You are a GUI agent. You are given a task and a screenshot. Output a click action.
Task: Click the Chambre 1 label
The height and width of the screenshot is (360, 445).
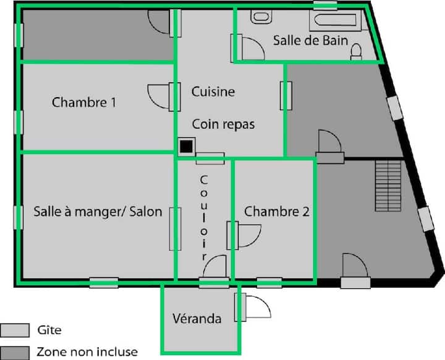click(84, 102)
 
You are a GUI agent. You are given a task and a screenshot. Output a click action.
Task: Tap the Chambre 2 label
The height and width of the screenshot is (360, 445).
click(277, 212)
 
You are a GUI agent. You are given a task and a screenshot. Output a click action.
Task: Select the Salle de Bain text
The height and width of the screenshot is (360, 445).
click(310, 40)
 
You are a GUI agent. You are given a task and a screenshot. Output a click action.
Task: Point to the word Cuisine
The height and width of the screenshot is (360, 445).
click(213, 92)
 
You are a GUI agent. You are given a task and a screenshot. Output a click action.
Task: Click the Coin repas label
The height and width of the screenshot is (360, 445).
click(223, 124)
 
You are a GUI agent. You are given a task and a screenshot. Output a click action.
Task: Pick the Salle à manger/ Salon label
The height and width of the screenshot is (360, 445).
click(98, 212)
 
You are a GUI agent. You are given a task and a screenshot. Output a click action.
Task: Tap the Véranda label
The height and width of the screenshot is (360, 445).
click(197, 319)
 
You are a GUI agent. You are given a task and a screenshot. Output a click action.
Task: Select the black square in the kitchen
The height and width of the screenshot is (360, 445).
click(187, 147)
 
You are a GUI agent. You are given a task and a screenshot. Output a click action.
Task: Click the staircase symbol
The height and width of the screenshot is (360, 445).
click(388, 186)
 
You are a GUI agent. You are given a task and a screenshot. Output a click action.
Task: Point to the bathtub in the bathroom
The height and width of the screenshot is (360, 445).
click(335, 20)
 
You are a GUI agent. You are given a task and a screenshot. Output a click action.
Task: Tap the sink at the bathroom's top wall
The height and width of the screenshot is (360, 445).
click(261, 17)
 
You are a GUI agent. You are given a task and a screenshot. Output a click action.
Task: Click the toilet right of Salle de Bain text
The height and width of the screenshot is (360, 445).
click(356, 52)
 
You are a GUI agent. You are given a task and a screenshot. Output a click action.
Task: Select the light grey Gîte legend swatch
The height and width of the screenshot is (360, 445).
click(15, 330)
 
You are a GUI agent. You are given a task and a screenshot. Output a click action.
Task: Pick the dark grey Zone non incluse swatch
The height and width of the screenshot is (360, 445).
click(15, 353)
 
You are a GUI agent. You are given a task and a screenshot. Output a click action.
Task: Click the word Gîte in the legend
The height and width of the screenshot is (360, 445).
click(49, 330)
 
